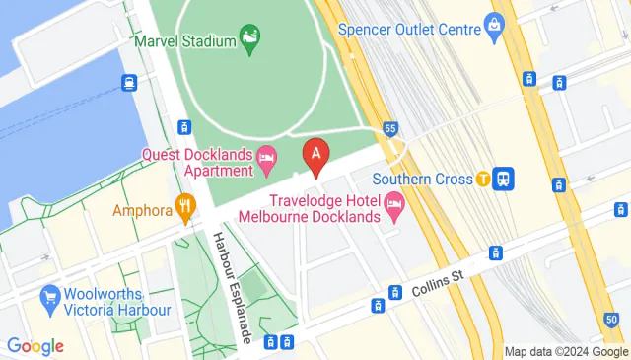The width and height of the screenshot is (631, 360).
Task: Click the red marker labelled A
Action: (315, 156)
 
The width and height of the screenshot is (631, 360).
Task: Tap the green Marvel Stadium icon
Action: (250, 39)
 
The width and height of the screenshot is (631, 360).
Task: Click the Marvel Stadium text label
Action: (185, 40)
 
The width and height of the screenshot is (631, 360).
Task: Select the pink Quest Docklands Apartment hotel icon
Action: (265, 160)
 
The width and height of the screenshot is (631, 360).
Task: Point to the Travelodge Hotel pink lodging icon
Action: (395, 208)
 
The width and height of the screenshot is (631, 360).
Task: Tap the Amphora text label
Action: (143, 210)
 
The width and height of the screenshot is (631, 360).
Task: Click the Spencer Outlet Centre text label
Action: (409, 29)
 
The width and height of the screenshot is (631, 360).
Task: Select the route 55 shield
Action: (391, 128)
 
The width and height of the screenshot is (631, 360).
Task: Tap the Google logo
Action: (35, 345)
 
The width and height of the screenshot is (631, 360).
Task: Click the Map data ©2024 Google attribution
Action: (566, 352)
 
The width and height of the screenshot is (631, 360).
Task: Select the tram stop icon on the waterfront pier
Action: (128, 83)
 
